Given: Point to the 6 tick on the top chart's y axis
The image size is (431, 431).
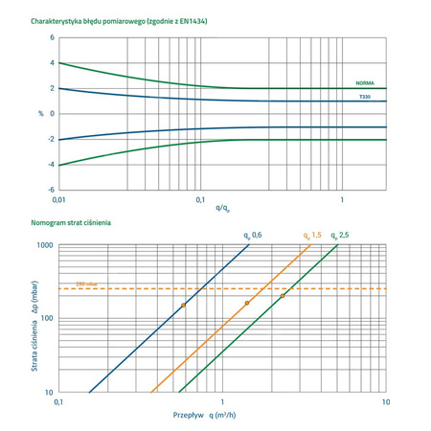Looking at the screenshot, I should point(51,38).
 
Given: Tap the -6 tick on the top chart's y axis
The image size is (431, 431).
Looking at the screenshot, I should point(50,190).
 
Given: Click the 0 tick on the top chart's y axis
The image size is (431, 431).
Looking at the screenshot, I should point(51,114).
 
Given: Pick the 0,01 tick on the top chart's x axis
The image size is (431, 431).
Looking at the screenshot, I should point(59,199).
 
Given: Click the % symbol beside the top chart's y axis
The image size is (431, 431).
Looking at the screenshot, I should point(39,114).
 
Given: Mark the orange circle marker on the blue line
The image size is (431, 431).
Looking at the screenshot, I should point(183,306).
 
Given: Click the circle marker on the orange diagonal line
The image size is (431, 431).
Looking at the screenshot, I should point(247,304).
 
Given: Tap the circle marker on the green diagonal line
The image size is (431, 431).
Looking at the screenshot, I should point(283,296).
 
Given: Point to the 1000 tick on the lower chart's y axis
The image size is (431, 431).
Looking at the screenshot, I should point(44,245).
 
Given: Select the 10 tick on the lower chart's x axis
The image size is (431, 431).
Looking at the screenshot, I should point(385,402).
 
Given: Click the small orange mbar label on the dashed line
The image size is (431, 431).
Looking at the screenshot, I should point(73,284).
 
